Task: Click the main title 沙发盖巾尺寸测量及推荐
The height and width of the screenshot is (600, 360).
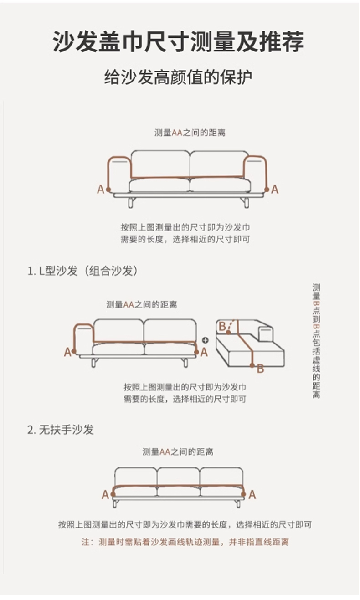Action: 178,42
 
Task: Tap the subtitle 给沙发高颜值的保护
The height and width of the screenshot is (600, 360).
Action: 178,77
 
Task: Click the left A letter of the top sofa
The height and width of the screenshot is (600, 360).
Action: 100,190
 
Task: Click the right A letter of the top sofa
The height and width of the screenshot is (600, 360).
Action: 275,190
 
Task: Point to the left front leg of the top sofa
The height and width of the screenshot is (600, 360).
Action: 131,203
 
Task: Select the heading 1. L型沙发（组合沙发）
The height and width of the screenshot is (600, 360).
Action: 83,271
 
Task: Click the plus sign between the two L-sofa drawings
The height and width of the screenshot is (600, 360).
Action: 205,340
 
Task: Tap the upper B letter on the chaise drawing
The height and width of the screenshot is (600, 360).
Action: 222,326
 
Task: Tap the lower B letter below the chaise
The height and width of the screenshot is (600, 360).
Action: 260,369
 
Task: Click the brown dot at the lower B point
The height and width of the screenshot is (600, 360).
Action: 252,365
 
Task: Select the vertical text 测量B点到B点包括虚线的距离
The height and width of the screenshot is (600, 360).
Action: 316,341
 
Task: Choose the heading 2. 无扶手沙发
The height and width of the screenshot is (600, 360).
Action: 61,430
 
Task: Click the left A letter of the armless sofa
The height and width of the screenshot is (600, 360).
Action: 105,495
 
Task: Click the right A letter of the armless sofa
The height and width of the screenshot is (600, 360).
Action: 252,495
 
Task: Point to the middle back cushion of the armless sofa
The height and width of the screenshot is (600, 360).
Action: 179,477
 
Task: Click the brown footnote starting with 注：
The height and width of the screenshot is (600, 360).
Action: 185,542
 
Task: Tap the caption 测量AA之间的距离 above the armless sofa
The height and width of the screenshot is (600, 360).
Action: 178,452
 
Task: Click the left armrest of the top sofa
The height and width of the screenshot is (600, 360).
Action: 119,174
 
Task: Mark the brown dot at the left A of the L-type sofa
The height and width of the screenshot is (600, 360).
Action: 74,351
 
